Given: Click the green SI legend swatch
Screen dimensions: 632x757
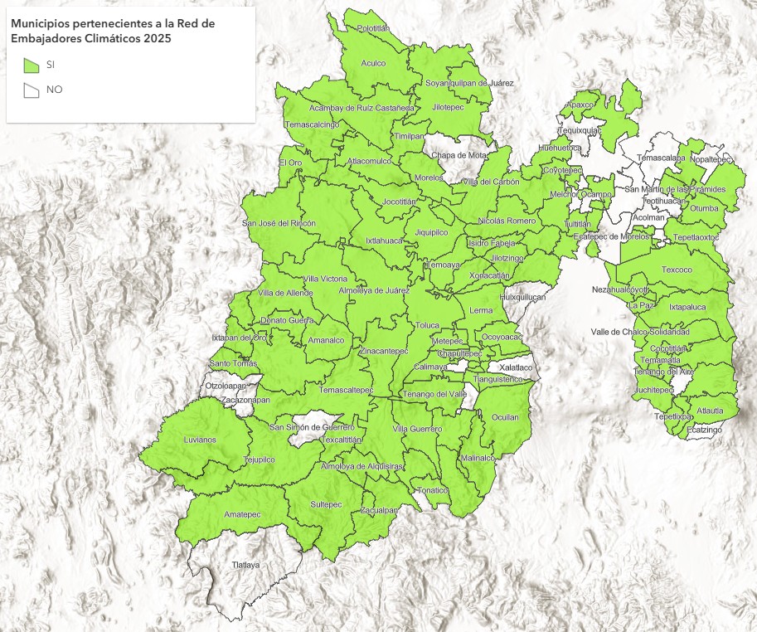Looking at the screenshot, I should click(x=32, y=65).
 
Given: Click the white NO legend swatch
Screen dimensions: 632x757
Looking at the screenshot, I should click(x=32, y=90).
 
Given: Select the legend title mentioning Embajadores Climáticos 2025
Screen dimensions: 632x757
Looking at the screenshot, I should click(x=112, y=31).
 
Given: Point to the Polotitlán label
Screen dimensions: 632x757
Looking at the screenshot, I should click(x=373, y=28).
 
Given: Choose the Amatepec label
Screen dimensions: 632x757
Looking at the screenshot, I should click(x=242, y=514).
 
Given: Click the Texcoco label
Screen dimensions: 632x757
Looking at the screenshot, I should click(x=677, y=270).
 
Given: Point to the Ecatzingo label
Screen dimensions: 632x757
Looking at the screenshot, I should click(x=704, y=430).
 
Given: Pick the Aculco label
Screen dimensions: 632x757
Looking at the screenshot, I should click(x=374, y=63).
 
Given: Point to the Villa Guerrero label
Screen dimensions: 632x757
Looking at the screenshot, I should click(x=417, y=428).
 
